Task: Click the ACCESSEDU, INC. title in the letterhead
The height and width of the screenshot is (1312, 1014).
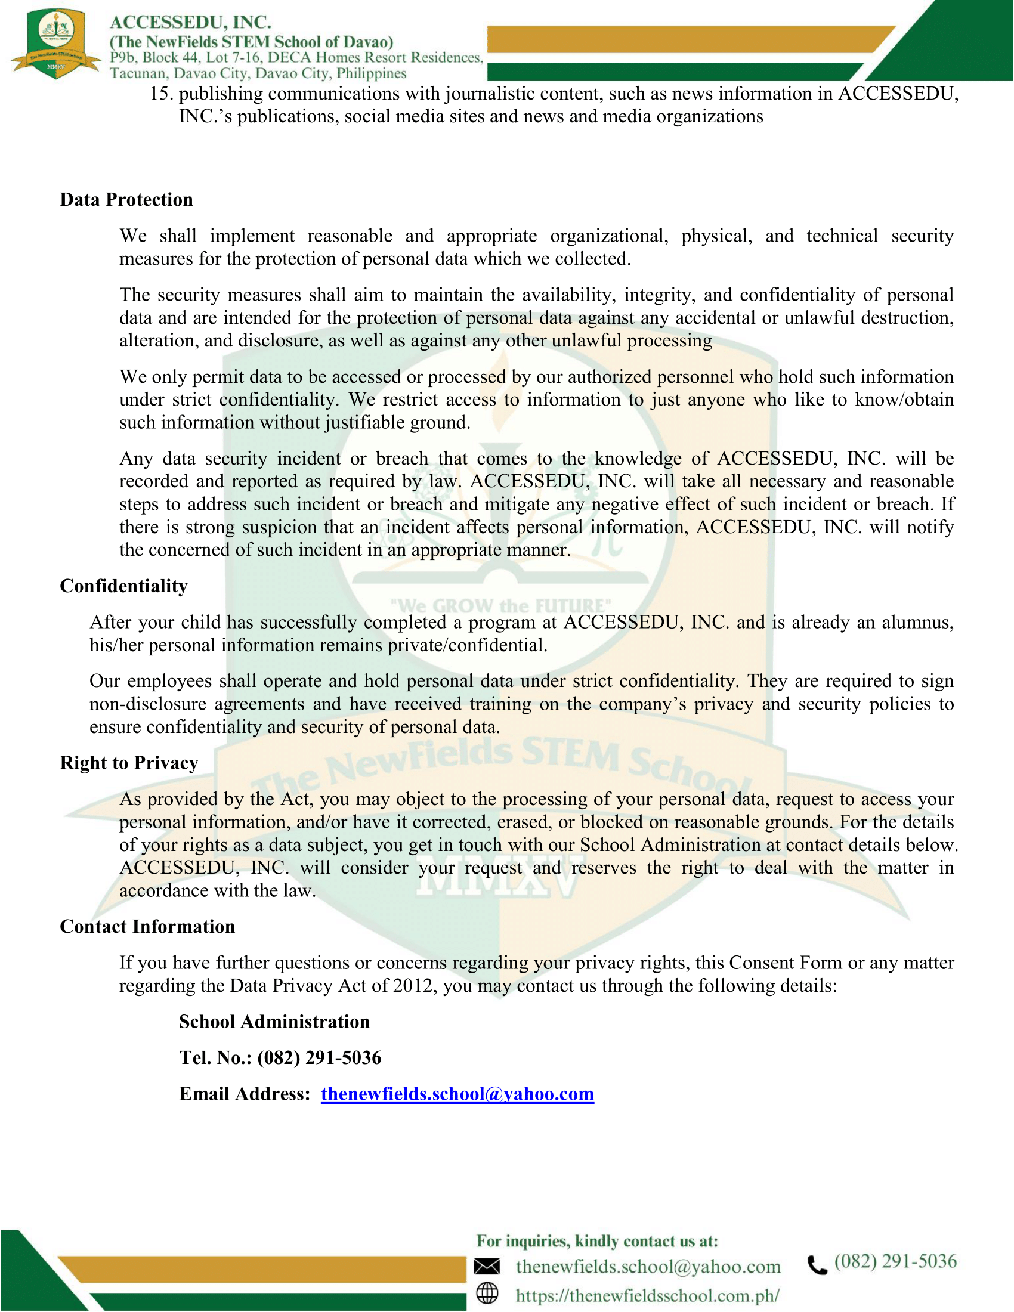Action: point(190,22)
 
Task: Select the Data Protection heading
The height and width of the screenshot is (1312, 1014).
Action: point(126,199)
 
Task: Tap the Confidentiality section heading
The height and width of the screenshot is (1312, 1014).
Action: point(123,586)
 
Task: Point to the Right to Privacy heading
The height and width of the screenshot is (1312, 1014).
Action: point(129,762)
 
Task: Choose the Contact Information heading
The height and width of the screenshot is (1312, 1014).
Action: point(147,926)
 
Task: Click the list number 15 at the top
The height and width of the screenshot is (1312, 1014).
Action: point(162,94)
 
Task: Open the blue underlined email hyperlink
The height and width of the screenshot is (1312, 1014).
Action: point(457,1093)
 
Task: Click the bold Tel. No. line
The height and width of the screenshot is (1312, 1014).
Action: point(280,1057)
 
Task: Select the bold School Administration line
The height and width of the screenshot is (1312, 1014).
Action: point(274,1021)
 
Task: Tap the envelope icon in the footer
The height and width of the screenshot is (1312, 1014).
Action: point(487,1266)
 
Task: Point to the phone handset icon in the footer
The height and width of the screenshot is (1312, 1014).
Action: point(817,1264)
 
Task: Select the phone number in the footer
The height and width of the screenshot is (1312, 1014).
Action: point(895,1261)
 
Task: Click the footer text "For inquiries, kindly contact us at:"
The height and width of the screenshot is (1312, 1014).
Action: point(597,1240)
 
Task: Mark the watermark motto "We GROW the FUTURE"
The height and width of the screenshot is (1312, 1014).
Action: point(500,605)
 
